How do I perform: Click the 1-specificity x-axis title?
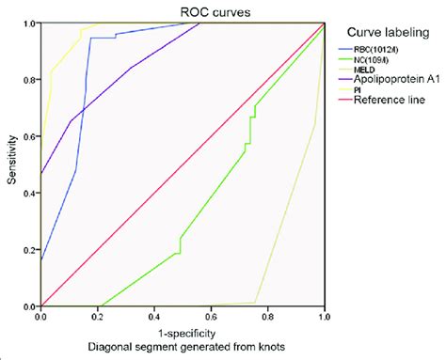coord(183,332)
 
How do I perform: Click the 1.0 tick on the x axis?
coord(324,318)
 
